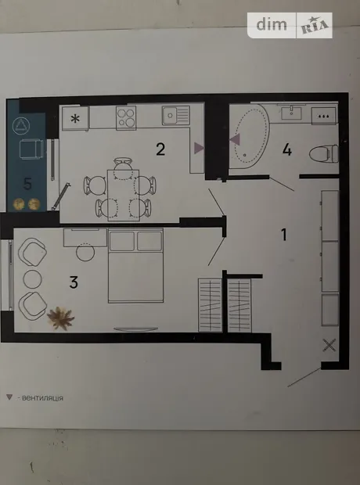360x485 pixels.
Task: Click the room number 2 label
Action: click(x=160, y=149)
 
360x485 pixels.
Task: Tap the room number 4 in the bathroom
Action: click(x=287, y=150)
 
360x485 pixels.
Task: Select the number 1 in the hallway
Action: click(x=284, y=235)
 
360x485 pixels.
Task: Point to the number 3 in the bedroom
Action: click(x=74, y=282)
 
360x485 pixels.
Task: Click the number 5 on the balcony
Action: click(x=27, y=184)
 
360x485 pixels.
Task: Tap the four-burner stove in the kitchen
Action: click(x=126, y=118)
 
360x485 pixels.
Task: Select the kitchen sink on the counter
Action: click(x=176, y=115)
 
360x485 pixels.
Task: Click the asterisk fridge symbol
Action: click(x=75, y=118)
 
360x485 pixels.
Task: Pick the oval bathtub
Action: click(x=249, y=136)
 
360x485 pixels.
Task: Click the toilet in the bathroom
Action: click(x=324, y=154)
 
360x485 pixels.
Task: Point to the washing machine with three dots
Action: click(x=323, y=116)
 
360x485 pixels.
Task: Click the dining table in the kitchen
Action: click(x=123, y=196)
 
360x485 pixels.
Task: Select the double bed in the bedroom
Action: click(x=135, y=265)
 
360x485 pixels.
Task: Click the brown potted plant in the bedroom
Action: click(x=61, y=318)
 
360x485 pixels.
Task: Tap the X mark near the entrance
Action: click(x=329, y=345)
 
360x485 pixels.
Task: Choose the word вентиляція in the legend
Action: click(x=43, y=398)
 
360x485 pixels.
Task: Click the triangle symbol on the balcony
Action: click(x=21, y=126)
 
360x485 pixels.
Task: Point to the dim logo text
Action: click(x=272, y=25)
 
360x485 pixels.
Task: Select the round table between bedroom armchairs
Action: click(x=33, y=278)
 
